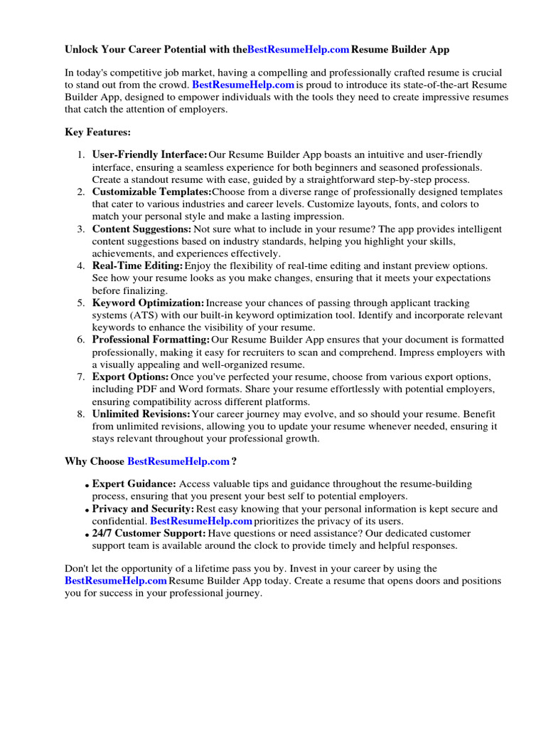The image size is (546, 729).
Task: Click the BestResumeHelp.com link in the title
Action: (x=298, y=50)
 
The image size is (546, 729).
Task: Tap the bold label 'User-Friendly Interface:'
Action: (x=150, y=154)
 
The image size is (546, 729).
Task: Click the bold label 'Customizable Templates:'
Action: (x=151, y=192)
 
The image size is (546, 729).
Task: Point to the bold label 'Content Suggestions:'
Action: (x=141, y=229)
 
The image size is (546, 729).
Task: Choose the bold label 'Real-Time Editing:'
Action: (x=137, y=266)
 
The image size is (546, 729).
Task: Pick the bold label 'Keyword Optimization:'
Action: (x=148, y=303)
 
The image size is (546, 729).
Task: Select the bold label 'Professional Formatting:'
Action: (x=151, y=340)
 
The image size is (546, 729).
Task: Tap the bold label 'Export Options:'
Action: (x=131, y=377)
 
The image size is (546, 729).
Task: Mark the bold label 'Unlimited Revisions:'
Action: (x=141, y=414)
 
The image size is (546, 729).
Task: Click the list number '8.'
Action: (x=81, y=414)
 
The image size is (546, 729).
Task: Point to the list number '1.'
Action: (x=81, y=154)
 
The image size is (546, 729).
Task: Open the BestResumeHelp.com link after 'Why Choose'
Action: (x=178, y=461)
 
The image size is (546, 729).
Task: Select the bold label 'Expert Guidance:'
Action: (x=134, y=484)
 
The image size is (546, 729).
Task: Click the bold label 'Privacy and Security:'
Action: (x=143, y=509)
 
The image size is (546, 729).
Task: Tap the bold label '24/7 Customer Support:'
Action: (x=149, y=533)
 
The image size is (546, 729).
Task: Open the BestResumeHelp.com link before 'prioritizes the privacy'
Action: (x=201, y=521)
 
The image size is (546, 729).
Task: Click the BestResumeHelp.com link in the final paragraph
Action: (x=116, y=581)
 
